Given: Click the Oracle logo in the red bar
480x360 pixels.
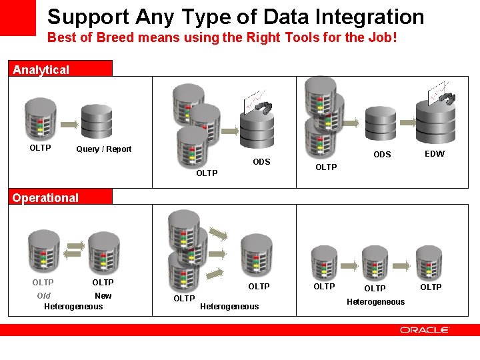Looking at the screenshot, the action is pos(425,329).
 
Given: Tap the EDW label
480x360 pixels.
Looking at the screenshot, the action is pos(434,154).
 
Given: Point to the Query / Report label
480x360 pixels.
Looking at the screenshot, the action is pos(104,149).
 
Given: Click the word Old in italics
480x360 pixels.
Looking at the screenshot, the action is pos(44,296).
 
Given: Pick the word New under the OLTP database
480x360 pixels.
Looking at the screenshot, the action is pos(103,296).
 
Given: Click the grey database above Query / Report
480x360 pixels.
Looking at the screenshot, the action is pos(97,121).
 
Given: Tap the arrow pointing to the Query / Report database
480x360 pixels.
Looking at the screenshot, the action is pos(69,123).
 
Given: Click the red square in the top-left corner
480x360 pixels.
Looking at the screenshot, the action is pos(17,17).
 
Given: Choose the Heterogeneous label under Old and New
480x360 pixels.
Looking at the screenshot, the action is pos(73,307).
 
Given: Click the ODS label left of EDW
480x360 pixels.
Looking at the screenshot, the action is pos(382,155).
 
